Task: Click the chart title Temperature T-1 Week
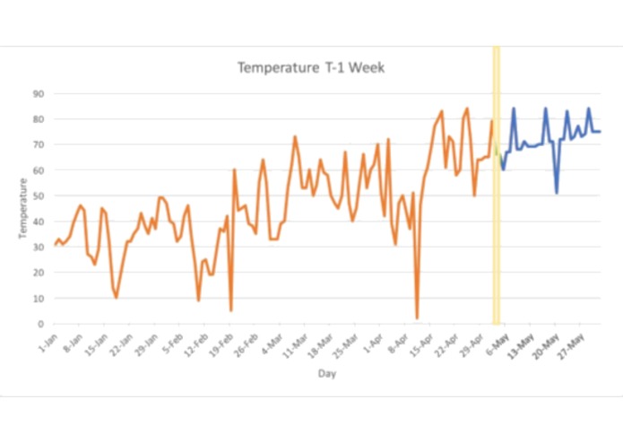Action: tap(310, 67)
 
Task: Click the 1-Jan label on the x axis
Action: tap(48, 343)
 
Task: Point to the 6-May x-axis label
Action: tap(498, 343)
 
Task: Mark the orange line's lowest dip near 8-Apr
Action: tap(417, 318)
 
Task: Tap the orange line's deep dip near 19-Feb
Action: tap(231, 310)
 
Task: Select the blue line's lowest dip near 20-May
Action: tap(557, 193)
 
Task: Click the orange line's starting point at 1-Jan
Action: tap(54, 244)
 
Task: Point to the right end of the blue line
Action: tap(600, 132)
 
